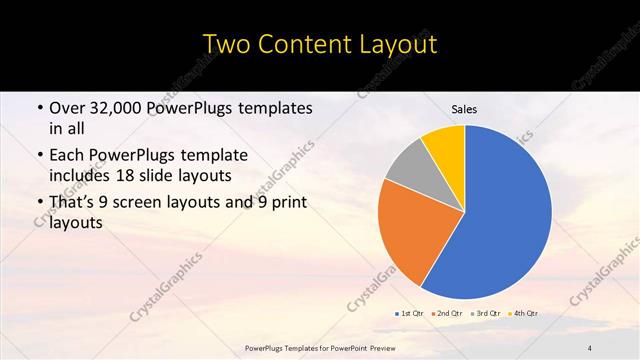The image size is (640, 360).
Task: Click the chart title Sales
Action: coord(464,109)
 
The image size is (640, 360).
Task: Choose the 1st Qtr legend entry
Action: coord(410,313)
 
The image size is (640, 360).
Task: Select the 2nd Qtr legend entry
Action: coord(448,313)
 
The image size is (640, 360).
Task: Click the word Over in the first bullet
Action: coord(65,108)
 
